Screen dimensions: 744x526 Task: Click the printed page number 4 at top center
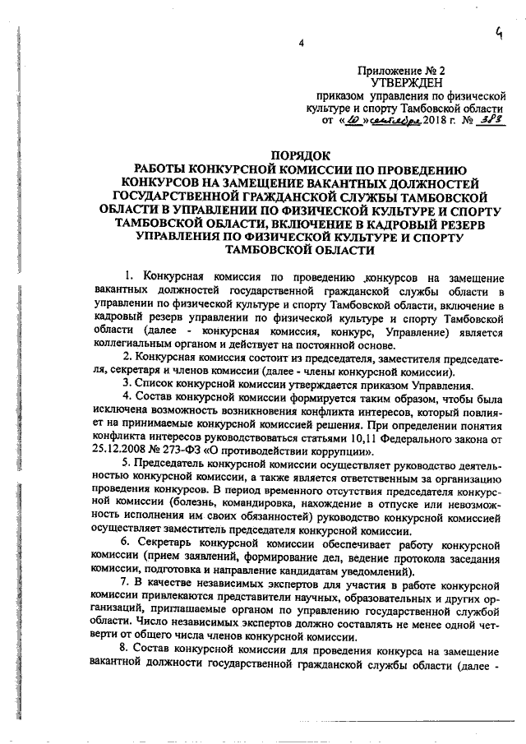click(301, 44)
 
